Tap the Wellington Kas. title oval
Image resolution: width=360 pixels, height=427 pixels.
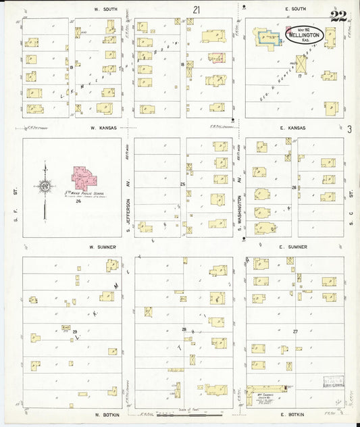304,34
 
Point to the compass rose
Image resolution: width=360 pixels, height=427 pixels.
45,185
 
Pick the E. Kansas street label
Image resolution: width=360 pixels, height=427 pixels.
294,128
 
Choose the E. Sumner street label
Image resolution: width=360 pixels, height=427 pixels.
294,247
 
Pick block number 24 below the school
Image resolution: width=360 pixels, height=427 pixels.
78,201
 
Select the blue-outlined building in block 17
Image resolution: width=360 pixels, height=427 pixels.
268,40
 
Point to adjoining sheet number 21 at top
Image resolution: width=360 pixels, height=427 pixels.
196,10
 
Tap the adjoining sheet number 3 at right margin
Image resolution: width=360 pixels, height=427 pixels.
350,129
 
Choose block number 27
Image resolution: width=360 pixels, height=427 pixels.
294,331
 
